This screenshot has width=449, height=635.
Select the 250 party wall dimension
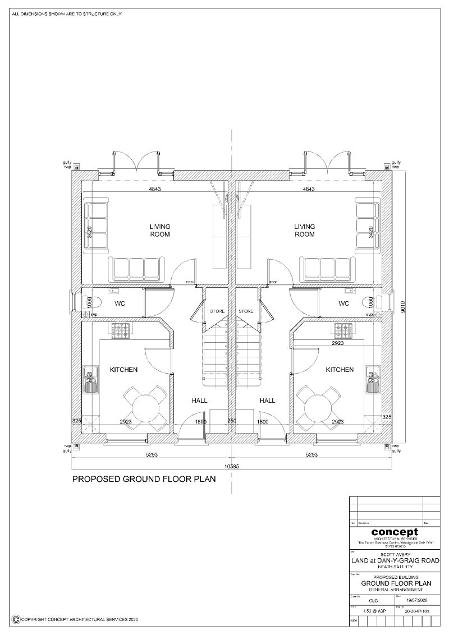[x=232, y=421]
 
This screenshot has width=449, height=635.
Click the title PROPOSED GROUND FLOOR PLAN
[x=144, y=480]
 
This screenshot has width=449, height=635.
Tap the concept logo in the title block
[x=394, y=532]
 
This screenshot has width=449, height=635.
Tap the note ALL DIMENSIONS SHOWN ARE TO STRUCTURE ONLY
[x=67, y=13]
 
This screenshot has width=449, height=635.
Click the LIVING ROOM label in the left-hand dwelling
[x=159, y=231]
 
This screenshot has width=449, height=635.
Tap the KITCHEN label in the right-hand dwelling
[x=340, y=370]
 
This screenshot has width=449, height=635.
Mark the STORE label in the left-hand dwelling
[x=217, y=311]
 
